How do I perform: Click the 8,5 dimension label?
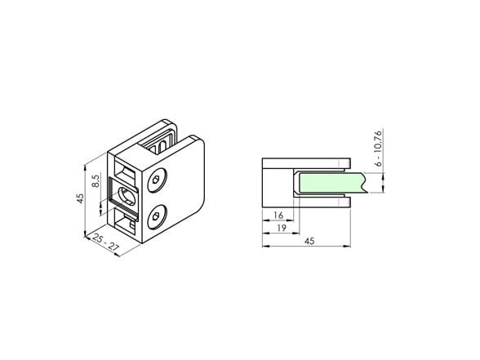96,180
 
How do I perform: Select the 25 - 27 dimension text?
104,242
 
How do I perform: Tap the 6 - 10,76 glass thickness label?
379,149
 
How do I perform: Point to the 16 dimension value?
278,216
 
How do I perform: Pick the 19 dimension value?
282,228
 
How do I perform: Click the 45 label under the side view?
309,241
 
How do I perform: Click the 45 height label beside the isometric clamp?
80,198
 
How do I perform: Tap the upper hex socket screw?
158,180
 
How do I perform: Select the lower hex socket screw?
157,217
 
